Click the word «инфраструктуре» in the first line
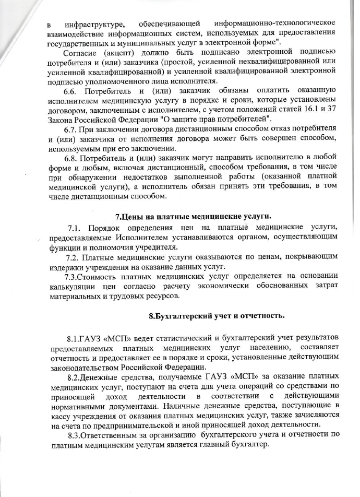(88, 24)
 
